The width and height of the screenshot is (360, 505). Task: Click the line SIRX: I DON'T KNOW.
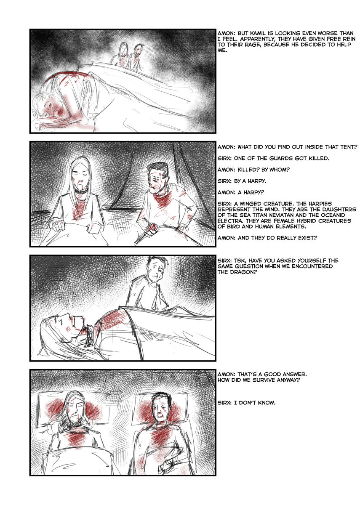tap(246, 403)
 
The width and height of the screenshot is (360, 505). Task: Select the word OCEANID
tap(336, 215)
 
